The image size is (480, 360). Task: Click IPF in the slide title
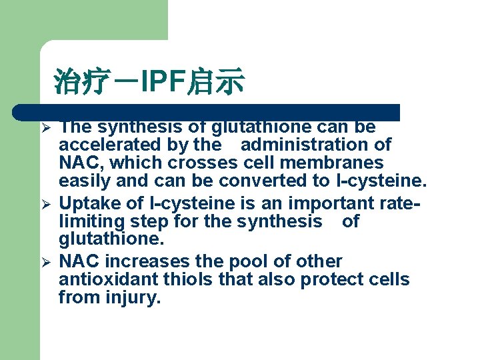(x=165, y=83)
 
